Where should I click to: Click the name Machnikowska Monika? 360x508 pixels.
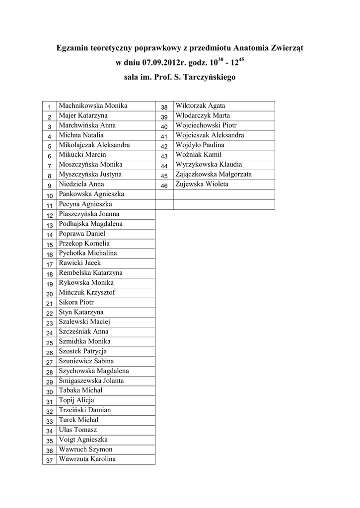tap(93, 106)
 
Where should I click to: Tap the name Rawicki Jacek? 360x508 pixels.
tap(79, 263)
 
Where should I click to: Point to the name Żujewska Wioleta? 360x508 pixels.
tap(202, 184)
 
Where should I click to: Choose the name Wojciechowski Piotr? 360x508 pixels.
tap(206, 125)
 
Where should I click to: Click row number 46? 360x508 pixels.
tap(164, 186)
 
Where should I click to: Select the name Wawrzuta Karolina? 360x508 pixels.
tap(87, 459)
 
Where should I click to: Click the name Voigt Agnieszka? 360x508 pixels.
tap(83, 440)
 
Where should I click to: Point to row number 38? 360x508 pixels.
tap(164, 107)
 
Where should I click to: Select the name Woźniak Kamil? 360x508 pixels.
tap(199, 155)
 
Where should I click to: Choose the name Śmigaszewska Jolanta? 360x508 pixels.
tap(91, 381)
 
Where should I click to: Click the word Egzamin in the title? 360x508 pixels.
tap(73, 48)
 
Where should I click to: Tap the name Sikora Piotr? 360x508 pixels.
tap(76, 302)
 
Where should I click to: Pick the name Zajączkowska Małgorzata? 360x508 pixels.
tap(214, 174)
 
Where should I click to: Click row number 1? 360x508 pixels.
tap(50, 107)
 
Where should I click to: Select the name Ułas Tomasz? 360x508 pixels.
tap(77, 430)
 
